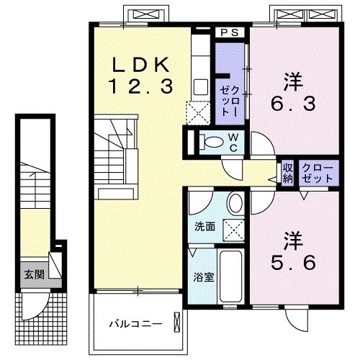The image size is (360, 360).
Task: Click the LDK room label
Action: pyautogui.click(x=140, y=63)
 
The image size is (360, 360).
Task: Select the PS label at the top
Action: pyautogui.click(x=230, y=32)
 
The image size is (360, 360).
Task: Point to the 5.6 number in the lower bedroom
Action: pyautogui.click(x=293, y=263)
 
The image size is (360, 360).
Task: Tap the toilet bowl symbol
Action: pyautogui.click(x=210, y=141)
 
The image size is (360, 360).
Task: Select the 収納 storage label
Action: pyautogui.click(x=287, y=173)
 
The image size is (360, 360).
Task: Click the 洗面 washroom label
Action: pyautogui.click(x=204, y=227)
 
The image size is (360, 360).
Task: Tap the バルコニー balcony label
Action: pyautogui.click(x=136, y=324)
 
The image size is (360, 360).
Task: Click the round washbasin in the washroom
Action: pyautogui.click(x=235, y=204)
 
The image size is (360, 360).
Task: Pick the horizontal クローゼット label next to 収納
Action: pyautogui.click(x=318, y=173)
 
